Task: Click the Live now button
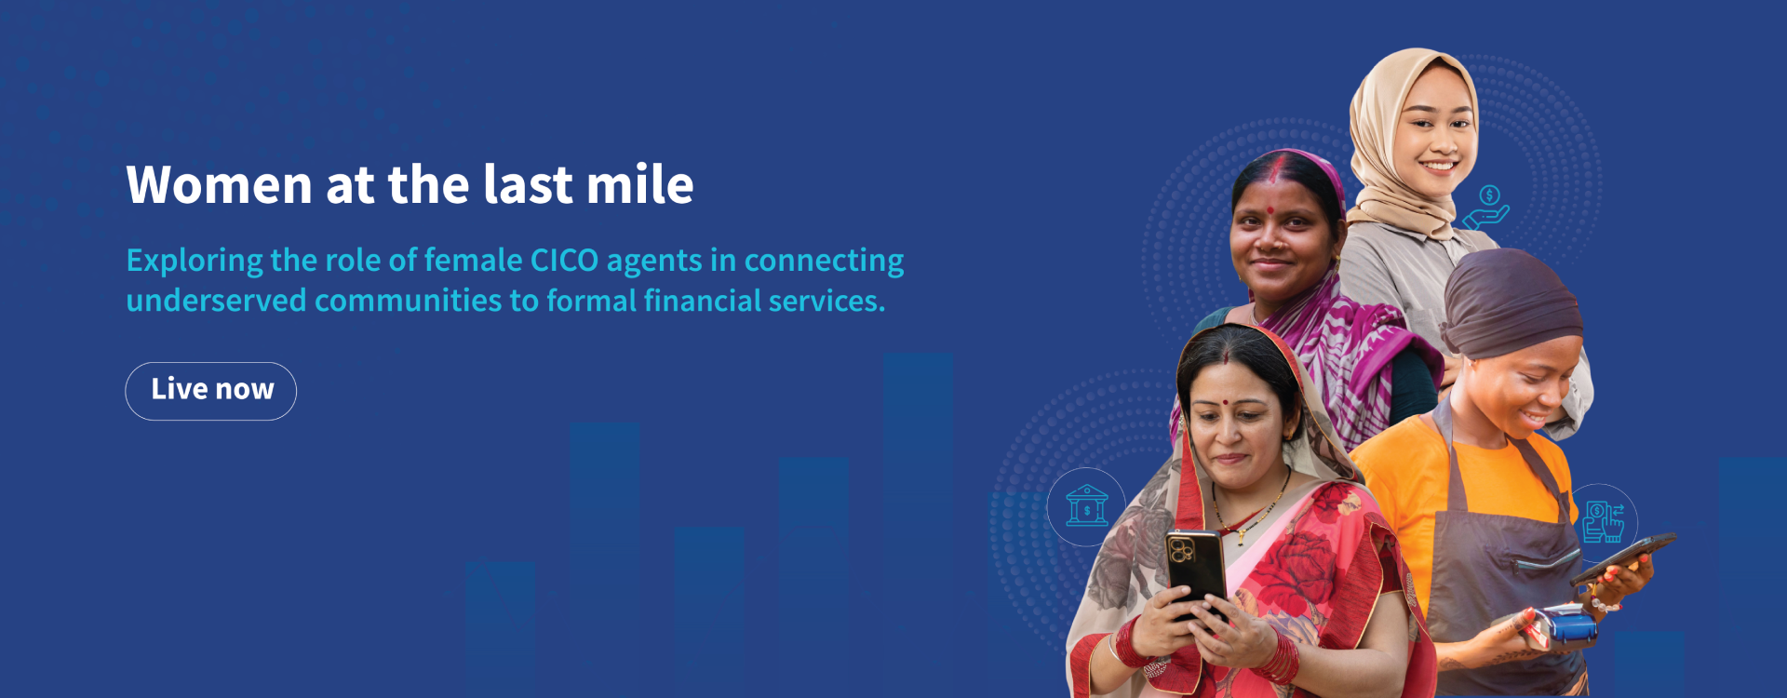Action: tap(211, 391)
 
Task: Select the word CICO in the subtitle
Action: tap(564, 261)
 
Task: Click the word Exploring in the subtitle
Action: tap(195, 261)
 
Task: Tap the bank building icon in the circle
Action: tap(1086, 506)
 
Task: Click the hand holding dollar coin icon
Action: tap(1486, 208)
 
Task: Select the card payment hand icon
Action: tap(1603, 521)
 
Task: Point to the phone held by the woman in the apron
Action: tap(1624, 557)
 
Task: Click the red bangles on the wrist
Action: tap(1281, 657)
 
